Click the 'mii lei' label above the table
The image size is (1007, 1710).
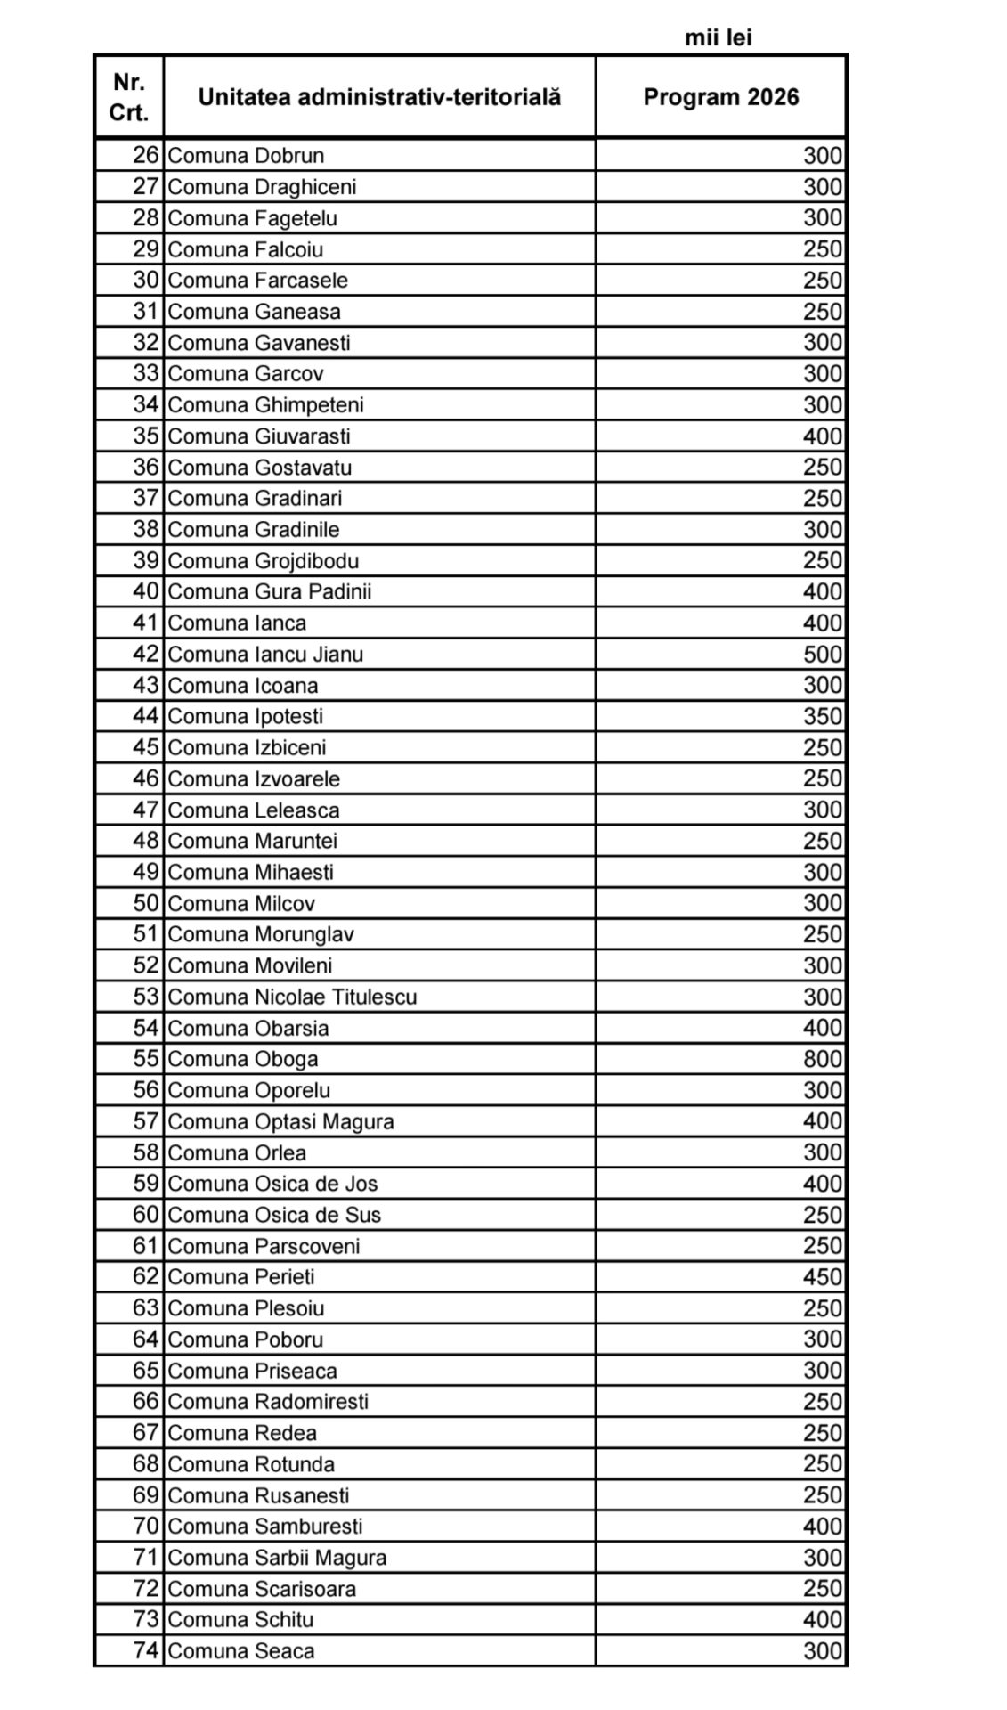719,37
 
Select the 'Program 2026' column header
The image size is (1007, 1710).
720,97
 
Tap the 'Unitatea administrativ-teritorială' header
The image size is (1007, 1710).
379,97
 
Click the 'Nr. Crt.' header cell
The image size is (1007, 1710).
129,97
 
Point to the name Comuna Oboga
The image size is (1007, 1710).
242,1059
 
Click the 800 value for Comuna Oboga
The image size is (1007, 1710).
822,1059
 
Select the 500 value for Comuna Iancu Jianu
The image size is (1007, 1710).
822,655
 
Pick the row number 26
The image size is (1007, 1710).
145,156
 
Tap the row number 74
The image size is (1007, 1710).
145,1650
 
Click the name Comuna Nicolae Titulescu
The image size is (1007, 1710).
292,997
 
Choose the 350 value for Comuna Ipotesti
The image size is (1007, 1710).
822,717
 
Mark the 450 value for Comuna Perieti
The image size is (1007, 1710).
822,1277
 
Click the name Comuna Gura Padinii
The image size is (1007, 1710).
269,592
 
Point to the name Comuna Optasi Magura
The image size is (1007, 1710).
280,1121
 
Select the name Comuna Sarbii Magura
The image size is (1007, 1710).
277,1558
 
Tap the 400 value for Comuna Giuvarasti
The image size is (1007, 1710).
822,436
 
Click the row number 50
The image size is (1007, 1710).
145,903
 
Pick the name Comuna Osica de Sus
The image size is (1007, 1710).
274,1215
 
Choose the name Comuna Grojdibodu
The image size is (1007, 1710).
263,561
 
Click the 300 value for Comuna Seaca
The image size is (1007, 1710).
822,1650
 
